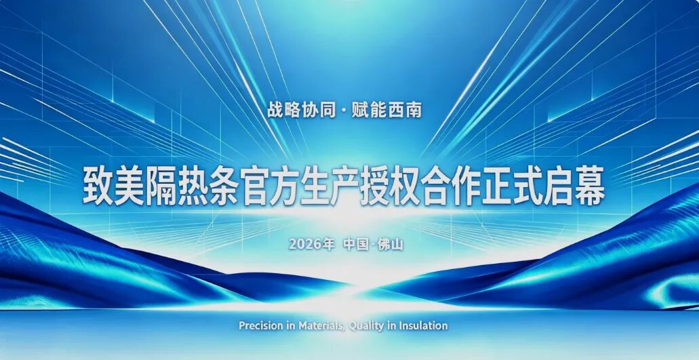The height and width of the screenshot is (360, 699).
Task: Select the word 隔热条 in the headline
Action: tap(190, 186)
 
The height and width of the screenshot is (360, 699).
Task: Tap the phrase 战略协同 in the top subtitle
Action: tap(302, 110)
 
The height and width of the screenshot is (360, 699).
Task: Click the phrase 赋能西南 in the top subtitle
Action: tap(387, 110)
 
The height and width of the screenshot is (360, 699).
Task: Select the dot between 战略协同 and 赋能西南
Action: tap(344, 111)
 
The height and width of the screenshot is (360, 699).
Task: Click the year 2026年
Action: tap(311, 243)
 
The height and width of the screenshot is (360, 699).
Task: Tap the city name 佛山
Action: tap(391, 243)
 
